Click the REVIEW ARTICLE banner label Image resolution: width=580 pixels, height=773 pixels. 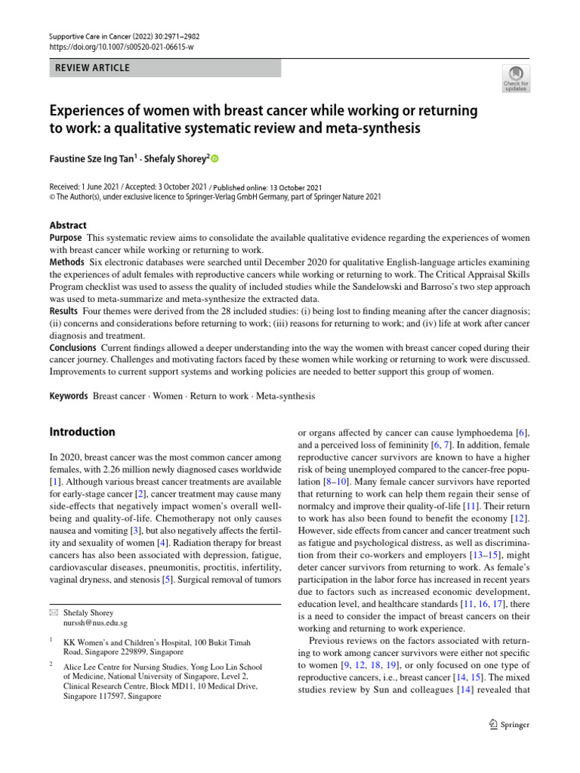click(93, 68)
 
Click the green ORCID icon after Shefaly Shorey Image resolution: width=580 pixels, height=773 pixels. click(214, 159)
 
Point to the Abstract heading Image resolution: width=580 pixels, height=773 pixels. click(68, 225)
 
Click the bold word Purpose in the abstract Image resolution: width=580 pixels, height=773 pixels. click(66, 238)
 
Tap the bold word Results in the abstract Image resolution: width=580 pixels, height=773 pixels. click(64, 311)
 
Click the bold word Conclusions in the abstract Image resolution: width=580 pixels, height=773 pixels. click(72, 347)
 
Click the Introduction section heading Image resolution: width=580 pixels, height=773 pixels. click(82, 432)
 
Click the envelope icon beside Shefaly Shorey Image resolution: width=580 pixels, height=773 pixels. click(53, 612)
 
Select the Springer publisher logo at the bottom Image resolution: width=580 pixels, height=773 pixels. click(509, 725)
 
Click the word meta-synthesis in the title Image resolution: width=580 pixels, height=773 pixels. click(381, 128)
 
